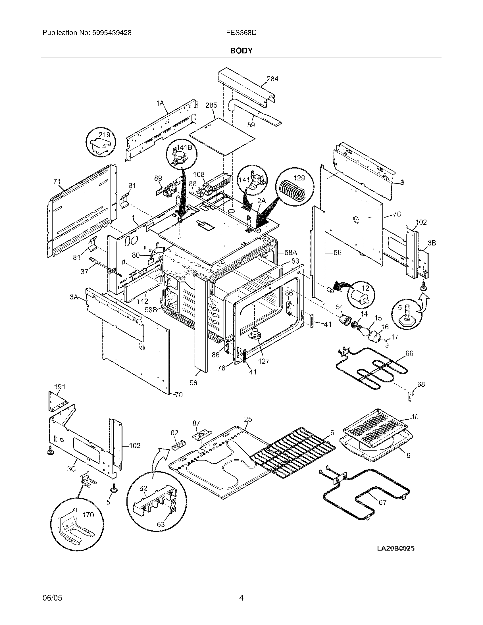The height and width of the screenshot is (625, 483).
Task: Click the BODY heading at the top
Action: tap(241, 51)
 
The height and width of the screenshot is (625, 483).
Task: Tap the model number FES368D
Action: tap(241, 33)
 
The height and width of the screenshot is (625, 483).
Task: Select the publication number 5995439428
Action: tap(112, 33)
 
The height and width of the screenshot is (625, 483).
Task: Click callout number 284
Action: tap(272, 79)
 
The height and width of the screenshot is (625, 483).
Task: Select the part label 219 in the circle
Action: tap(105, 134)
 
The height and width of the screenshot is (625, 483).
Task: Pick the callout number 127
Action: tap(264, 361)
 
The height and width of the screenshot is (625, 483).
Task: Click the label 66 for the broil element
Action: tap(409, 353)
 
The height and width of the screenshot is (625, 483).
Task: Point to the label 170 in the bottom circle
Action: tap(88, 515)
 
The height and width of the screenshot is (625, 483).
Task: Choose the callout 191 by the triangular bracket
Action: tap(60, 387)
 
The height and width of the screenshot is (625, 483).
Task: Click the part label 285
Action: tap(211, 105)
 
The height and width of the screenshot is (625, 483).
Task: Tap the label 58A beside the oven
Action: tap(291, 252)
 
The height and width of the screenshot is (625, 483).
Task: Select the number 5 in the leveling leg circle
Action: tap(400, 308)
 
